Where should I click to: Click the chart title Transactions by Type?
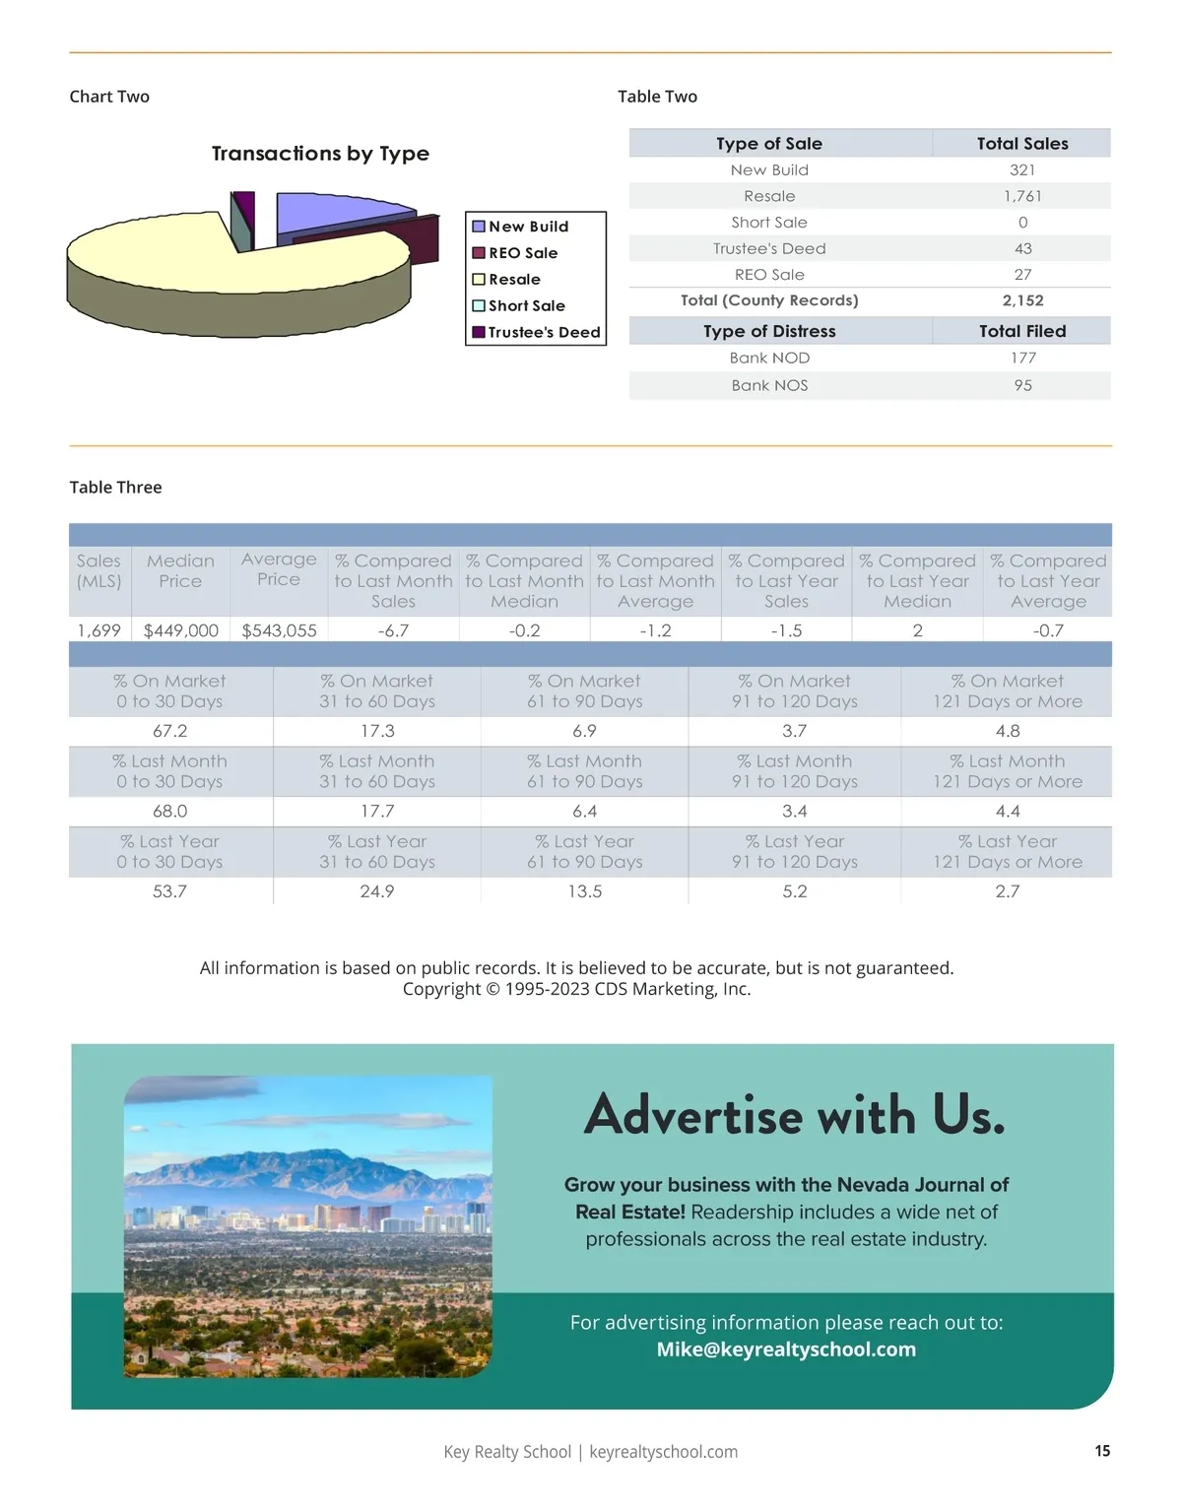click(320, 154)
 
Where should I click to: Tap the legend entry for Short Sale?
click(526, 305)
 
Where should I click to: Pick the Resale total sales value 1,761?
click(1022, 196)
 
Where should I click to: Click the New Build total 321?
click(1022, 169)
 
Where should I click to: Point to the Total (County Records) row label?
click(769, 300)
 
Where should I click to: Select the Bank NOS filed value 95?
click(1022, 385)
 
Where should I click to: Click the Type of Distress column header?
click(769, 331)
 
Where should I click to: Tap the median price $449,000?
click(181, 630)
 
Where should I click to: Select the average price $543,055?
click(279, 630)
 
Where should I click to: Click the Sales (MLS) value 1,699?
click(98, 630)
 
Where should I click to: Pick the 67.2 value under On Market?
click(169, 731)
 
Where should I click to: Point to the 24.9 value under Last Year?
click(377, 891)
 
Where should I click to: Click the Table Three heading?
click(115, 488)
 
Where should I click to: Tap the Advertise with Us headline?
click(794, 1116)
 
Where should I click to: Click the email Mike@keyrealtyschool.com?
click(786, 1349)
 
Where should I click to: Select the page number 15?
click(1102, 1451)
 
